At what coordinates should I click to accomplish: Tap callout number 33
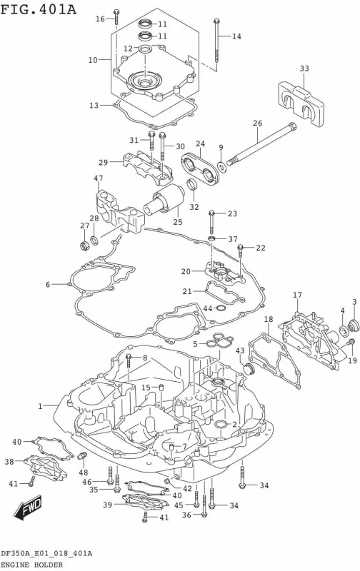(304, 69)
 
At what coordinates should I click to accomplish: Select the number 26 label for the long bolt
(257, 123)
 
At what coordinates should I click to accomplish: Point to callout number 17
(297, 295)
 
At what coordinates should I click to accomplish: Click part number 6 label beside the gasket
(49, 285)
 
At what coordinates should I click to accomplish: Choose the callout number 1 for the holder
(41, 406)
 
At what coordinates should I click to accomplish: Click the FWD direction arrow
(24, 511)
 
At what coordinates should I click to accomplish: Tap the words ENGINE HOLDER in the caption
(34, 565)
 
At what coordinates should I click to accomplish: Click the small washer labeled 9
(224, 167)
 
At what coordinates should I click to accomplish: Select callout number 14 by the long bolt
(236, 36)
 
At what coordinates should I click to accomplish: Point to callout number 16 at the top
(100, 19)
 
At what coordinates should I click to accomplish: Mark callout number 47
(98, 178)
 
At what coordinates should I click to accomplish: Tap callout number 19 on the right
(352, 360)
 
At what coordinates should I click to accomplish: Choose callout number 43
(240, 350)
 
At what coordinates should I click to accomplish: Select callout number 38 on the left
(9, 462)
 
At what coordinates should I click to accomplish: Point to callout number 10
(92, 61)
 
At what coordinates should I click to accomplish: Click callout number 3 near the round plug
(354, 302)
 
